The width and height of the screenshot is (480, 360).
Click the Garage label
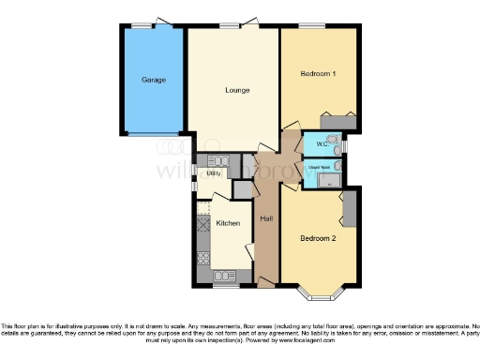click(x=154, y=81)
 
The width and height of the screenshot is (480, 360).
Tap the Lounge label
click(x=235, y=91)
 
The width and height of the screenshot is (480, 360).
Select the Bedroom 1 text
click(x=318, y=74)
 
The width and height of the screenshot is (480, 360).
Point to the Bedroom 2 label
click(x=318, y=238)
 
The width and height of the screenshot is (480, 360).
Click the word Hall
click(x=266, y=218)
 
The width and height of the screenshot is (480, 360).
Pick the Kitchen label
click(x=229, y=223)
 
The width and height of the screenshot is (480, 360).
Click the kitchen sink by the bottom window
click(x=226, y=276)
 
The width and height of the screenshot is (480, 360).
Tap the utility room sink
click(x=217, y=160)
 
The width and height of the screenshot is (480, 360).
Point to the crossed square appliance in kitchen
click(x=203, y=225)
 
